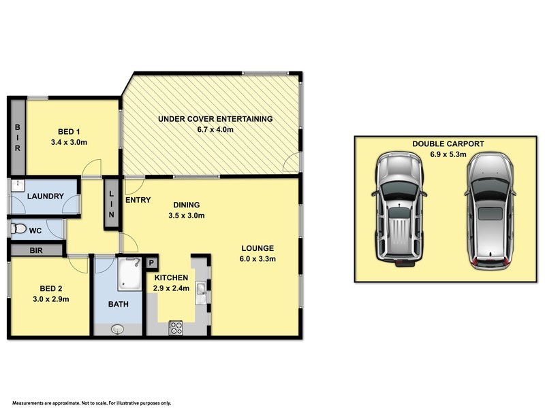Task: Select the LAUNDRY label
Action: (45, 197)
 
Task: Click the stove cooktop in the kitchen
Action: (176, 327)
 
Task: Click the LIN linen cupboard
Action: (112, 203)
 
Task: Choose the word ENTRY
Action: (138, 199)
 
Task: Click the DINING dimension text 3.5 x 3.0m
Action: (186, 216)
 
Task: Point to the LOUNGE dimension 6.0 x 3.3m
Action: (256, 258)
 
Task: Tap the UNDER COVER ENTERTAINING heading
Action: (215, 119)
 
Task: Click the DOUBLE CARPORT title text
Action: (448, 143)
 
